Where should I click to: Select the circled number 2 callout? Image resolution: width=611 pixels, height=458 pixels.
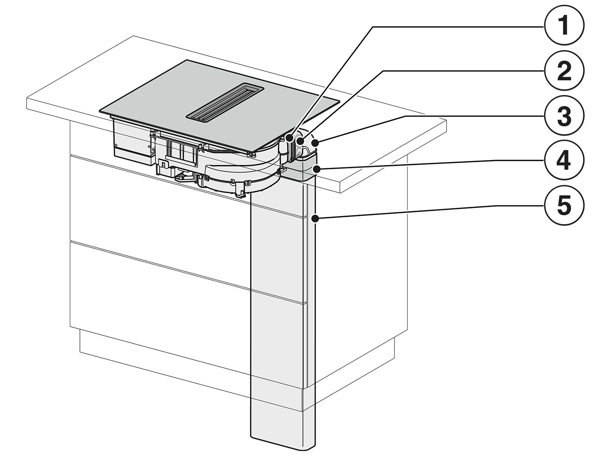pos(564,72)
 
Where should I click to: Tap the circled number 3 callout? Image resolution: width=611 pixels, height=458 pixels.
pos(564,116)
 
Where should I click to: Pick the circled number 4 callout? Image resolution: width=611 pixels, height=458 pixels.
pos(564,161)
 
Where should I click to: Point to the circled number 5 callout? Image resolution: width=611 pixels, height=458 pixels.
pos(564,206)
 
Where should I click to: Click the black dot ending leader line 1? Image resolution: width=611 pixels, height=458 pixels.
pos(290,138)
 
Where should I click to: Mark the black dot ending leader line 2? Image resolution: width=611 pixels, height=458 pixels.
pos(300,141)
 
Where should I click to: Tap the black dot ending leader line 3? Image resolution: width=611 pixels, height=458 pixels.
pos(315,144)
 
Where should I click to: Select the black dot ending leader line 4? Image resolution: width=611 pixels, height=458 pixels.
pos(316,168)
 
